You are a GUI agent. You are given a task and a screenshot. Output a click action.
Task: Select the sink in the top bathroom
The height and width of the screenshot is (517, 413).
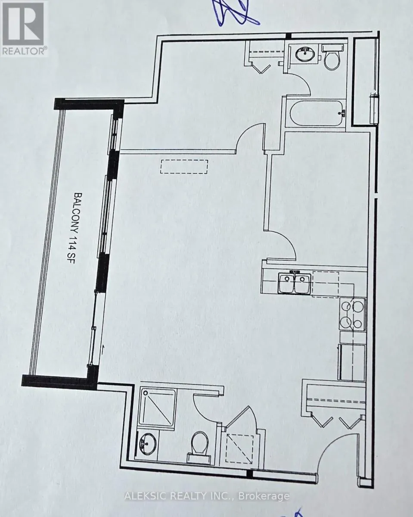coord(306,54)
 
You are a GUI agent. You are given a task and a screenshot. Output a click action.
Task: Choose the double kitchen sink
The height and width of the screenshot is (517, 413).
coord(294,284)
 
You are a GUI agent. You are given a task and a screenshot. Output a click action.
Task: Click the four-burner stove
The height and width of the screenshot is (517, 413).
coord(352,314)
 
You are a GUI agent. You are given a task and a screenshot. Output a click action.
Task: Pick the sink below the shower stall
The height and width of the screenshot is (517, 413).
coord(146,443)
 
